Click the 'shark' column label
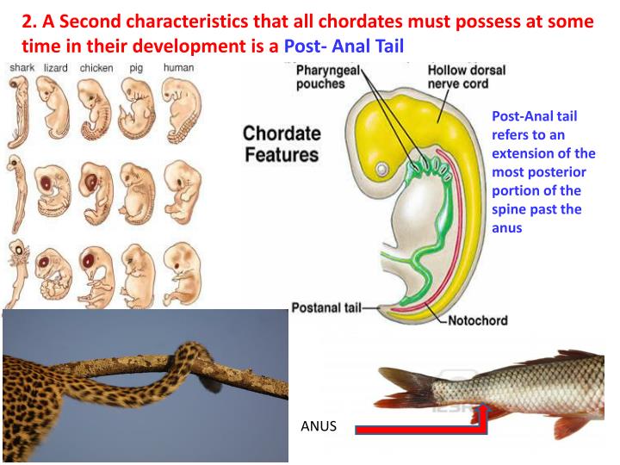coord(21,68)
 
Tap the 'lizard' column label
coord(56,68)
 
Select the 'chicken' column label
coord(96,68)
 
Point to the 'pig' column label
coord(136,68)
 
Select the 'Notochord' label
coord(477,320)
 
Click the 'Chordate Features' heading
coord(281,145)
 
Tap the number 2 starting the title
coord(26,21)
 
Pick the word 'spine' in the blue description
coord(505,210)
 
